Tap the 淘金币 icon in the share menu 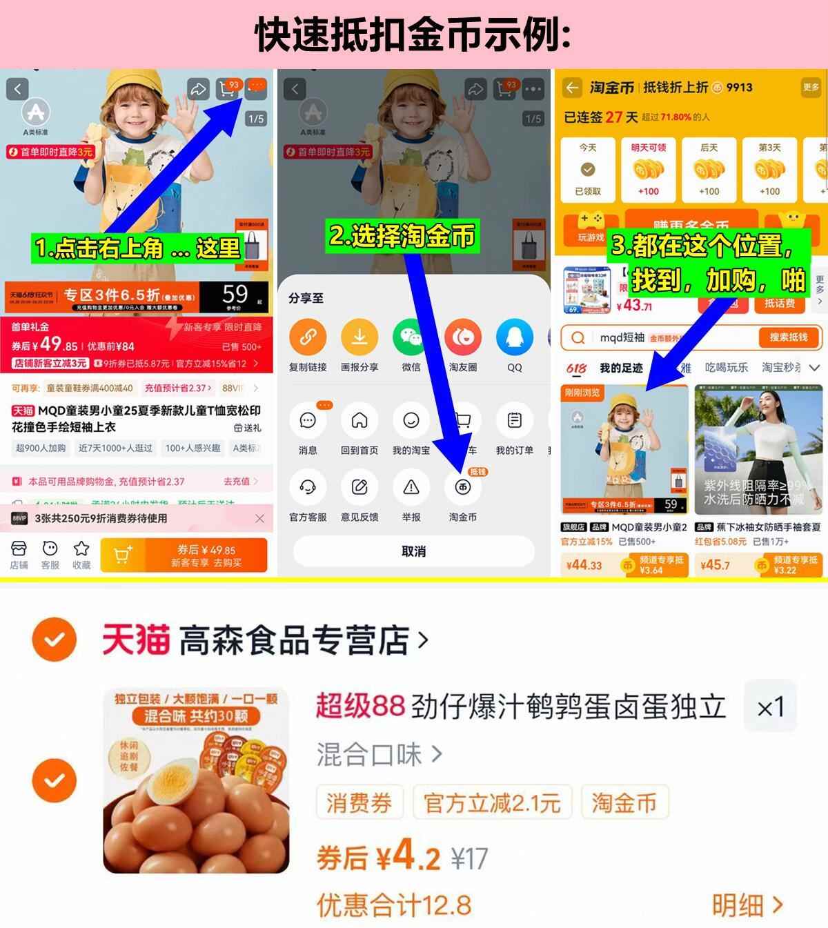point(462,487)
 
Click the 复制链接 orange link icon point(308,337)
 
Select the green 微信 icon point(411,337)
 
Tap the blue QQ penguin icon point(514,337)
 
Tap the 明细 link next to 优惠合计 point(748,905)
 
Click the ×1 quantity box point(770,707)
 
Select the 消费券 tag point(359,803)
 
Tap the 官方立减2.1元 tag point(491,803)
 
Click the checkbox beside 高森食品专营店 point(54,640)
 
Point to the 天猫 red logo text point(136,639)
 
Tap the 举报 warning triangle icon point(411,487)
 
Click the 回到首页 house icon point(359,421)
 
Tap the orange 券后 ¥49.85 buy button point(184,555)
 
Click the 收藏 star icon point(81,549)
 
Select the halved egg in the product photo point(172,776)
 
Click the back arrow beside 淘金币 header point(572,88)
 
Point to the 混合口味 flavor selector point(379,754)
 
